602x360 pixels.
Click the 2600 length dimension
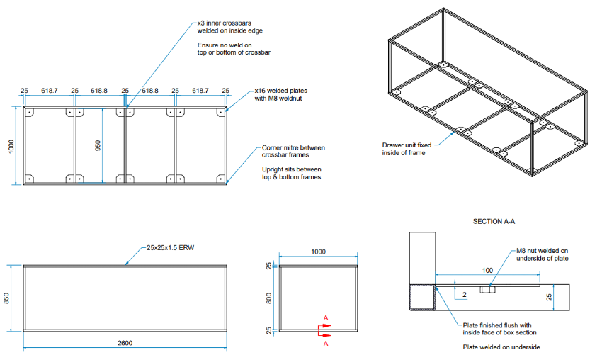[125, 343]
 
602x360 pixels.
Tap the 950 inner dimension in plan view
[98, 145]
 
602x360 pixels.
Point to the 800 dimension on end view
[268, 299]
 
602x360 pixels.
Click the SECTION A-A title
[494, 222]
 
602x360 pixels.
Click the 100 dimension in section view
[487, 271]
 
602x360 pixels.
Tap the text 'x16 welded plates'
[281, 91]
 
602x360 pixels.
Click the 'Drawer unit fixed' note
[404, 145]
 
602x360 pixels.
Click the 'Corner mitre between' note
[293, 147]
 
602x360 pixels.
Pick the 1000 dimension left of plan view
[11, 146]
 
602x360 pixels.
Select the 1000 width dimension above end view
[318, 252]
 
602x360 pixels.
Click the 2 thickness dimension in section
[464, 293]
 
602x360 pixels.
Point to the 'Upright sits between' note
[292, 169]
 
